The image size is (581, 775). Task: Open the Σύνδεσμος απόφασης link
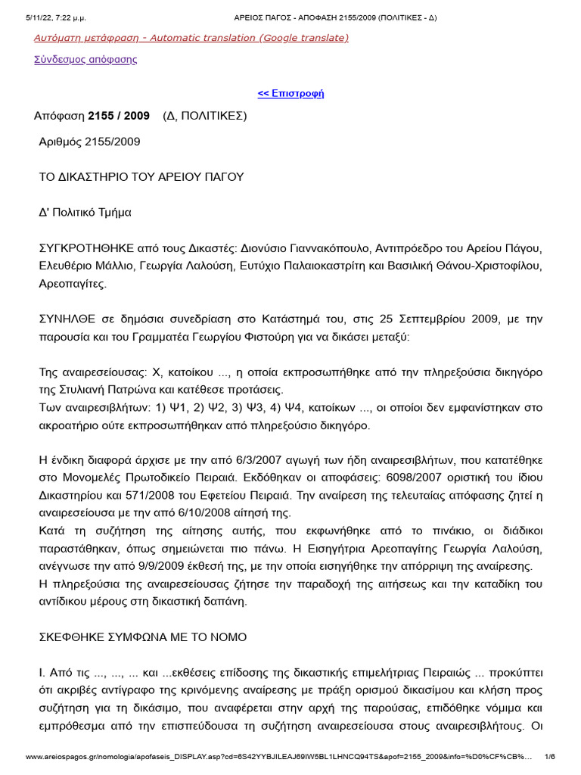[85, 59]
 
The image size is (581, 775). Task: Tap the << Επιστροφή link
[290, 94]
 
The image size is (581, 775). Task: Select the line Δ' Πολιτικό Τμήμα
[85, 213]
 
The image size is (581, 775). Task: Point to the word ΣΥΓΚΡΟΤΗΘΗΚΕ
[87, 248]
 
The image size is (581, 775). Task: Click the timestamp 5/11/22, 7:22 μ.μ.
[56, 7]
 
